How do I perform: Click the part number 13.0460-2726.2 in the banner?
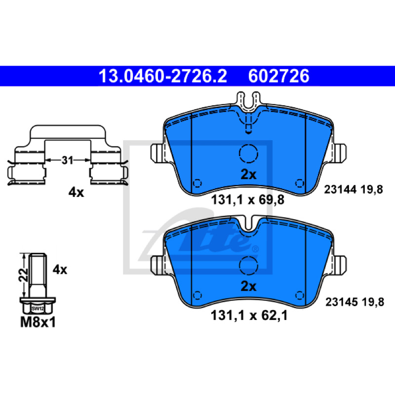point(163,76)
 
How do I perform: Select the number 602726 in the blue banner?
point(278,76)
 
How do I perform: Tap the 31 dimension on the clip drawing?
point(67,160)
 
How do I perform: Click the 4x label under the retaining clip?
point(76,193)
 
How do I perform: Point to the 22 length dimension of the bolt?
point(23,275)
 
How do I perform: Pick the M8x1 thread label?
point(38,322)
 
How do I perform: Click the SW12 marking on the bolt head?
point(38,308)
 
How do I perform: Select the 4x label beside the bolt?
point(60,270)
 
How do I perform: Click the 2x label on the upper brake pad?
point(248,174)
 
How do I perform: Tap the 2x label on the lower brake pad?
point(248,286)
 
